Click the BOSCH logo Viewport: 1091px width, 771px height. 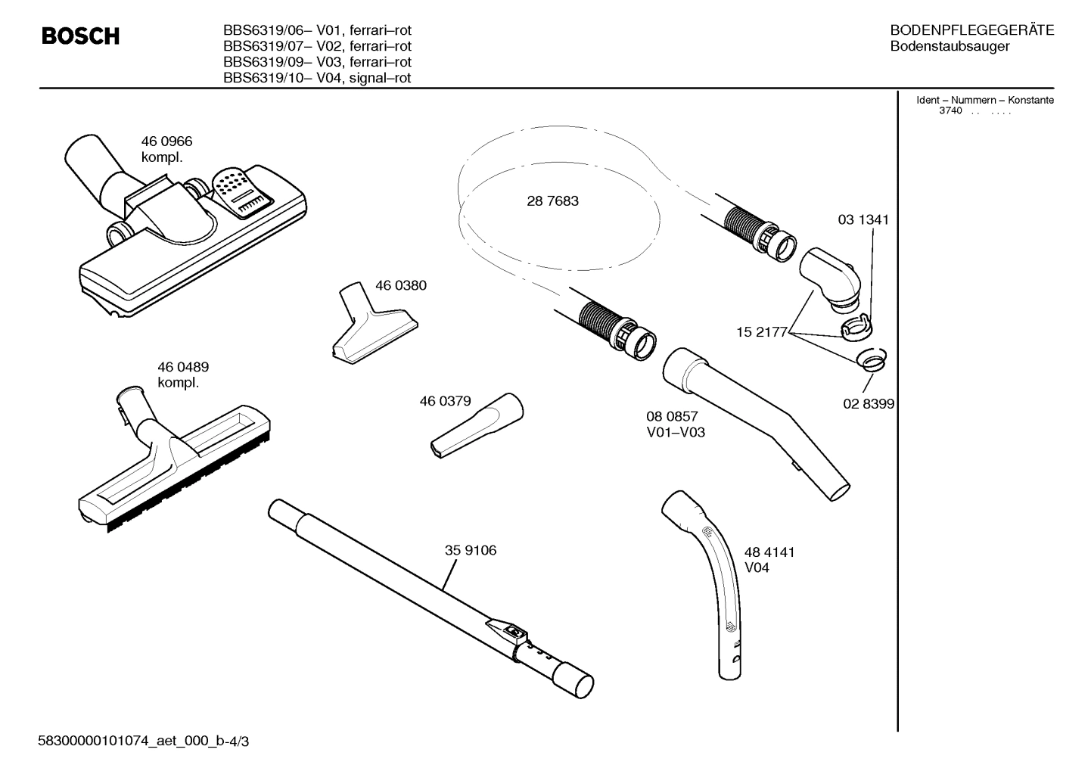coord(80,36)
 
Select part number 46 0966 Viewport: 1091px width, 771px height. coord(166,141)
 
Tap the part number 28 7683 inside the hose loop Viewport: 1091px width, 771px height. coord(552,201)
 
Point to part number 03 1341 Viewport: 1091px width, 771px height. coord(863,220)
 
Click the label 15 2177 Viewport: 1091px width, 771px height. coord(762,332)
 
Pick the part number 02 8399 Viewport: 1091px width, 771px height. coord(869,404)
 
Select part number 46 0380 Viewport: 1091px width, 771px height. coord(400,286)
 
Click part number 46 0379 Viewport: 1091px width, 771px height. coord(445,402)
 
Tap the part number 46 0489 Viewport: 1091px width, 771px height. coord(183,367)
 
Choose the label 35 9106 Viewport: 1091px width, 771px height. coord(471,551)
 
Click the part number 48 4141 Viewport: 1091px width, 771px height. coord(769,552)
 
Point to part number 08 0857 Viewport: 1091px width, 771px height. coord(672,417)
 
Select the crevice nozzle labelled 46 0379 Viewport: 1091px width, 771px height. coord(474,424)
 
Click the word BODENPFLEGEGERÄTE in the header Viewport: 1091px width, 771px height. coord(971,31)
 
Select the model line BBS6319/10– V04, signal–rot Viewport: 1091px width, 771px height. coord(317,78)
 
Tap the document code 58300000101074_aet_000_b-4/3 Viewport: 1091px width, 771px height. coord(143,741)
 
